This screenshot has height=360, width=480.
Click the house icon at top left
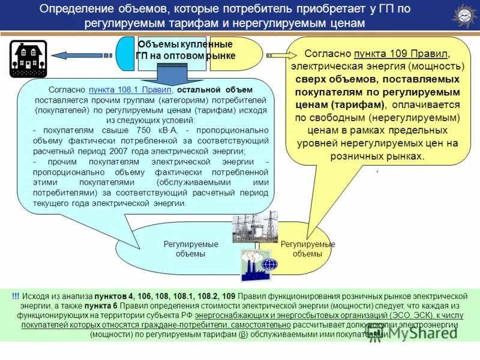28,59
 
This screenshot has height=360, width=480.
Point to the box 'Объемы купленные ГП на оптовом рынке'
185,50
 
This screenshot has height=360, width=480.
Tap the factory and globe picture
259,265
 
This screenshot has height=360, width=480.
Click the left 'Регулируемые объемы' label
191,249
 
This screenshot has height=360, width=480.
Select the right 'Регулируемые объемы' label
308,249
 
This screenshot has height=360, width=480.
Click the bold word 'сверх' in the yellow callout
308,79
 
